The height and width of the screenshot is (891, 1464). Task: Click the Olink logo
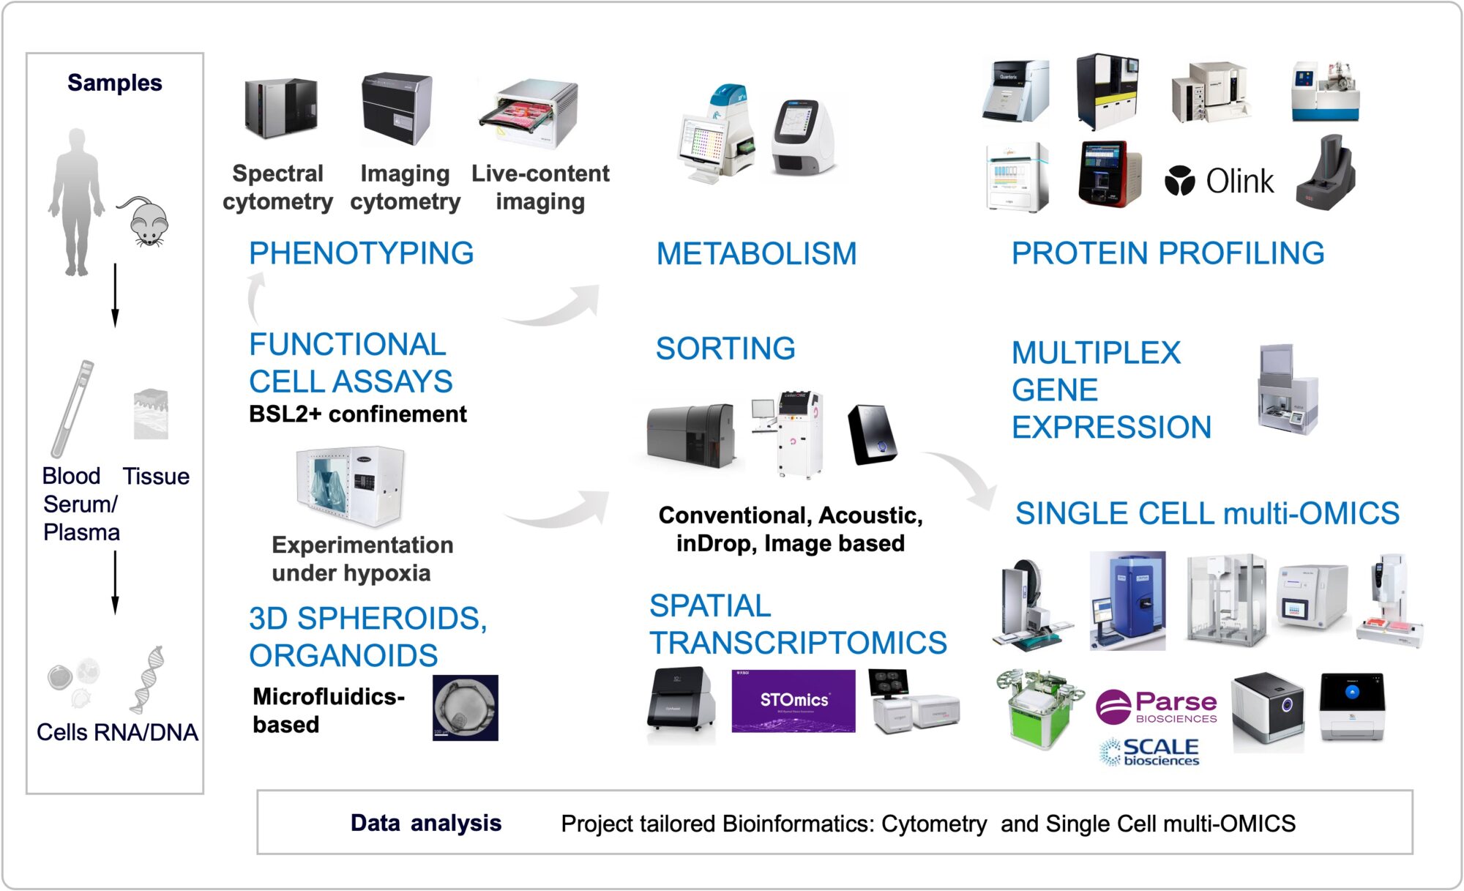click(1220, 181)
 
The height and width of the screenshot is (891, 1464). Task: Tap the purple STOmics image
click(793, 701)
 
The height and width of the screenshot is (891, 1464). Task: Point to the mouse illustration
click(146, 221)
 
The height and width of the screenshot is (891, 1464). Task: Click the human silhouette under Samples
click(75, 202)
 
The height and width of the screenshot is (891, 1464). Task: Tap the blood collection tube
click(72, 408)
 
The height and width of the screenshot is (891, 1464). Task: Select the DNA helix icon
click(148, 679)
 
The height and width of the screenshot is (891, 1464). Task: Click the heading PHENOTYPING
click(361, 253)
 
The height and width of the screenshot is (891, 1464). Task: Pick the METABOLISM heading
click(756, 254)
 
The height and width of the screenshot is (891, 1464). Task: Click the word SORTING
click(725, 348)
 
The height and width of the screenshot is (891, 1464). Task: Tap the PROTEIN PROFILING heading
click(1168, 253)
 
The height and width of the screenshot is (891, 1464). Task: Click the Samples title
click(115, 83)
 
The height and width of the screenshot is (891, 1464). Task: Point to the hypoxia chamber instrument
click(351, 485)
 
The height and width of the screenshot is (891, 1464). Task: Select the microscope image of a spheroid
click(465, 707)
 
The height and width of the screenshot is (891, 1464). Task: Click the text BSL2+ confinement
click(357, 414)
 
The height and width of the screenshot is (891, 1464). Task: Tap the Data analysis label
click(425, 823)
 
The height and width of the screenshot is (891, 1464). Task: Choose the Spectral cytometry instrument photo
click(280, 108)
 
